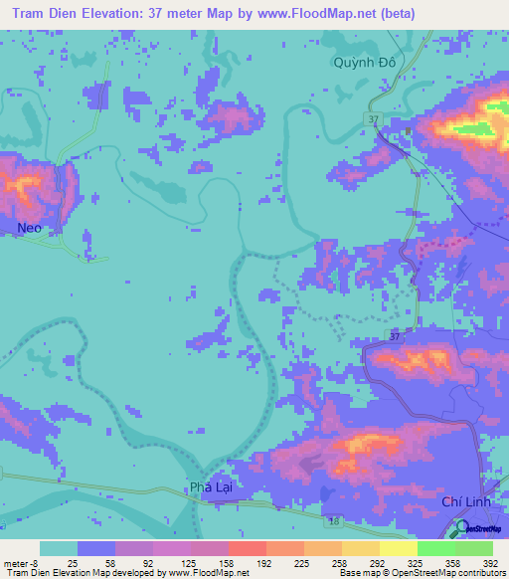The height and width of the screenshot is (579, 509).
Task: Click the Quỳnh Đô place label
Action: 365,63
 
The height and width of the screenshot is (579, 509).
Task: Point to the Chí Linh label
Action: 464,504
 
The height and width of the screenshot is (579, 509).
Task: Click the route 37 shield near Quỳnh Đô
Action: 372,119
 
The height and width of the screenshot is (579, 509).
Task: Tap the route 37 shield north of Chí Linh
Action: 395,336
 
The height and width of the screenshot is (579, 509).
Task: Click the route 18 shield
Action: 333,520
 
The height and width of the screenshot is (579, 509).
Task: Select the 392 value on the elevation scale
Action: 489,563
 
